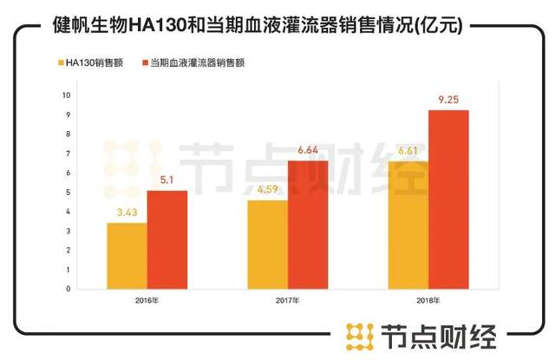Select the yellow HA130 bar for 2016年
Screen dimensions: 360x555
tap(127, 256)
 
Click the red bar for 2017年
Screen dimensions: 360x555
tap(308, 225)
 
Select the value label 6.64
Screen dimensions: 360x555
tap(308, 151)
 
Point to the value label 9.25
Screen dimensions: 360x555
tap(448, 100)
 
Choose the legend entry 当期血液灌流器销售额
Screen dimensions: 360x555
tap(193, 62)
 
